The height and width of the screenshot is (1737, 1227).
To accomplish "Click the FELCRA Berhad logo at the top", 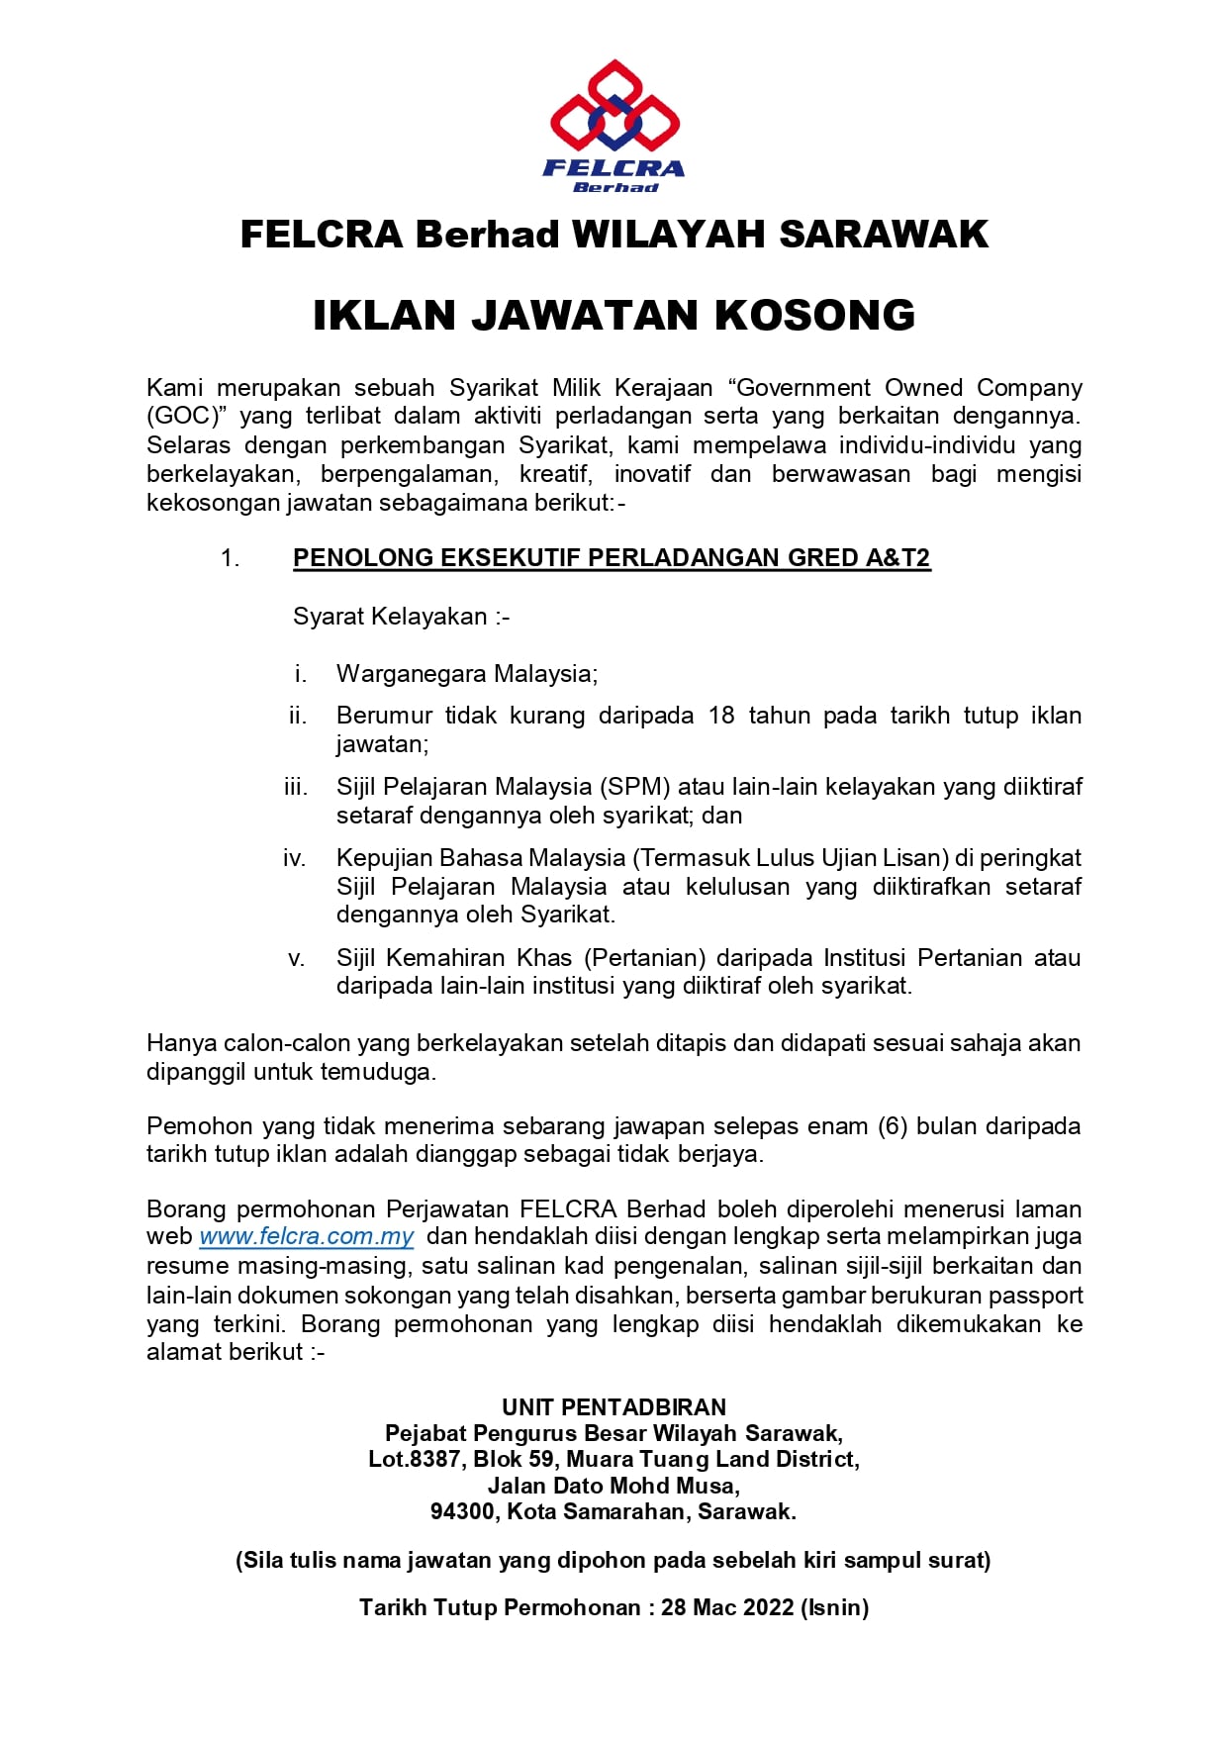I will coord(614,126).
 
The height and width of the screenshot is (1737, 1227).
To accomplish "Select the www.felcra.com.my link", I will coord(306,1236).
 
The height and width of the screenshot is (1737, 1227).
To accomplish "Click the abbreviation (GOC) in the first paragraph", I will coord(182,416).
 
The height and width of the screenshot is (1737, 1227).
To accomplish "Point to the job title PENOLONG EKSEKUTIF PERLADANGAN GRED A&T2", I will coord(612,558).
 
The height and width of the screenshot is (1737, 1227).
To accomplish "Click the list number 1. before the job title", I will coord(230,558).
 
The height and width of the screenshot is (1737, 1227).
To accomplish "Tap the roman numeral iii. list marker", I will coord(295,787).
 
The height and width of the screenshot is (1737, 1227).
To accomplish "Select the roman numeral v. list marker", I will coord(296,958).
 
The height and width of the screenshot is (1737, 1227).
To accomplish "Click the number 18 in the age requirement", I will coord(721,716).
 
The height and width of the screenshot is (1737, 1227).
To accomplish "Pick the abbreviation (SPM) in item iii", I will coord(635,787).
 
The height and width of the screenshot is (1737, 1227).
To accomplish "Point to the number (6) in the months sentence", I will coord(893,1126).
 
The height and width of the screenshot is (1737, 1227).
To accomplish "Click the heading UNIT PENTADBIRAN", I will coord(613,1407).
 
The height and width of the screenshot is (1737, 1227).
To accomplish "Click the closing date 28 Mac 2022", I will coord(727,1607).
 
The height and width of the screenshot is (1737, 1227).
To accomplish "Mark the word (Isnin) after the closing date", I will coord(835,1607).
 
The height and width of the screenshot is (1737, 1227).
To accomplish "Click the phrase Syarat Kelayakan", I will coord(390,617).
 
